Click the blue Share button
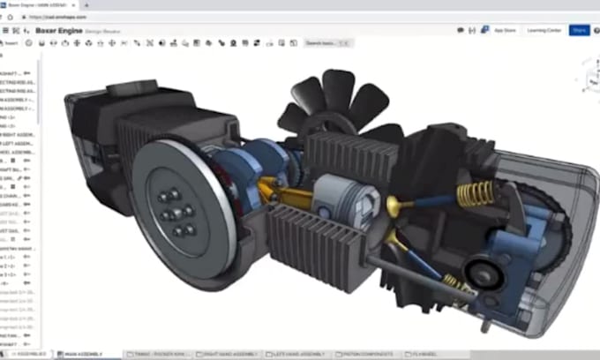click(x=580, y=30)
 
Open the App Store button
click(x=505, y=30)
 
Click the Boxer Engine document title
click(x=60, y=30)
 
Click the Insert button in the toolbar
click(x=11, y=42)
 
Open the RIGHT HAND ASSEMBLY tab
click(x=233, y=355)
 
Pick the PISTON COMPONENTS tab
click(x=364, y=355)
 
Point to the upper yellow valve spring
click(x=474, y=192)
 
